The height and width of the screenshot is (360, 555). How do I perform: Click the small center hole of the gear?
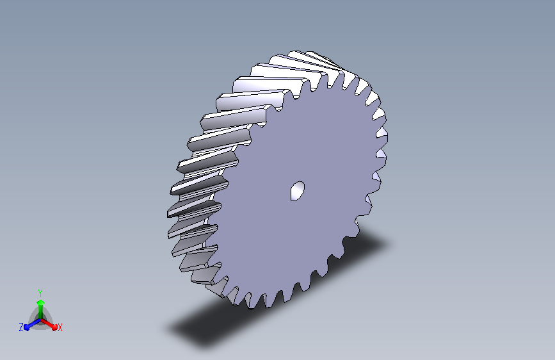tap(297, 191)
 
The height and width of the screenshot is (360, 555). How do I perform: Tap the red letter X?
tap(60, 327)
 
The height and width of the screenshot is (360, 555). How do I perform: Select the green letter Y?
tap(40, 293)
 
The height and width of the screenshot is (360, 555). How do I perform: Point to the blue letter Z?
tap(21, 327)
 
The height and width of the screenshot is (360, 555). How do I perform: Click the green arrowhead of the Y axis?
tap(40, 302)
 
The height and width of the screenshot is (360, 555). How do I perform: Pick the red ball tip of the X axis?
tap(54, 327)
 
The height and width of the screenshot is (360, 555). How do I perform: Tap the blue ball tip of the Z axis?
tap(26, 328)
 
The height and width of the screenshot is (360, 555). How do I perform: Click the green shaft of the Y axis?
tap(40, 312)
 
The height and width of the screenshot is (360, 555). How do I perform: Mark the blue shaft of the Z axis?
tap(34, 323)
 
